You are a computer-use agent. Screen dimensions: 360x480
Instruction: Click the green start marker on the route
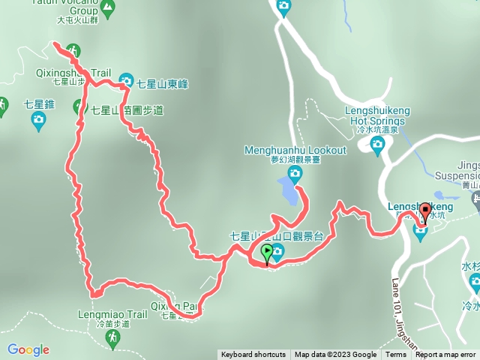[266, 253]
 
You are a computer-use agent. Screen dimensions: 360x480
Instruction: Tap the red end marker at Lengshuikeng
[424, 212]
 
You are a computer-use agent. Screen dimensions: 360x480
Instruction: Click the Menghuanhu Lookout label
[295, 150]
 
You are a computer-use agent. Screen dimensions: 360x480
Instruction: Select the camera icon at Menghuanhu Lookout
[295, 175]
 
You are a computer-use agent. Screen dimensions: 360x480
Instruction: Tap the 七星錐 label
[39, 104]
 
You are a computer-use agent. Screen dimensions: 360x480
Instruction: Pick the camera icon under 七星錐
[39, 122]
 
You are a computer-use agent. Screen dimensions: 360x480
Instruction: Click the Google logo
[28, 349]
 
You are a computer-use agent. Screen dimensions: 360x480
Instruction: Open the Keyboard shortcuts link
[253, 355]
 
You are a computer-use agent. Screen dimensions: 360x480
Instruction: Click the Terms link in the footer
[396, 355]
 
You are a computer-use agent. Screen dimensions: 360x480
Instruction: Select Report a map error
[445, 355]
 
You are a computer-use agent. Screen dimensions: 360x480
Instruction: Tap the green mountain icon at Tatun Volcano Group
[109, 10]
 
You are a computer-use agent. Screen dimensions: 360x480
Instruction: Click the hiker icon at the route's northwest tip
[73, 51]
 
